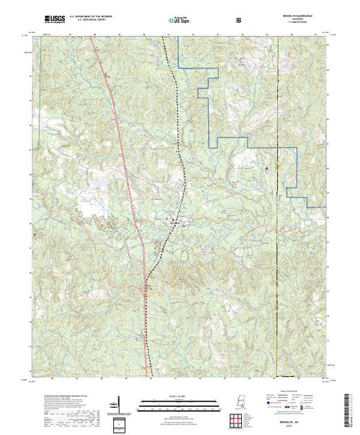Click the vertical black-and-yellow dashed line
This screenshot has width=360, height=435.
coord(278,207)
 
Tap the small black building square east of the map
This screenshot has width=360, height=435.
coord(267,167)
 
